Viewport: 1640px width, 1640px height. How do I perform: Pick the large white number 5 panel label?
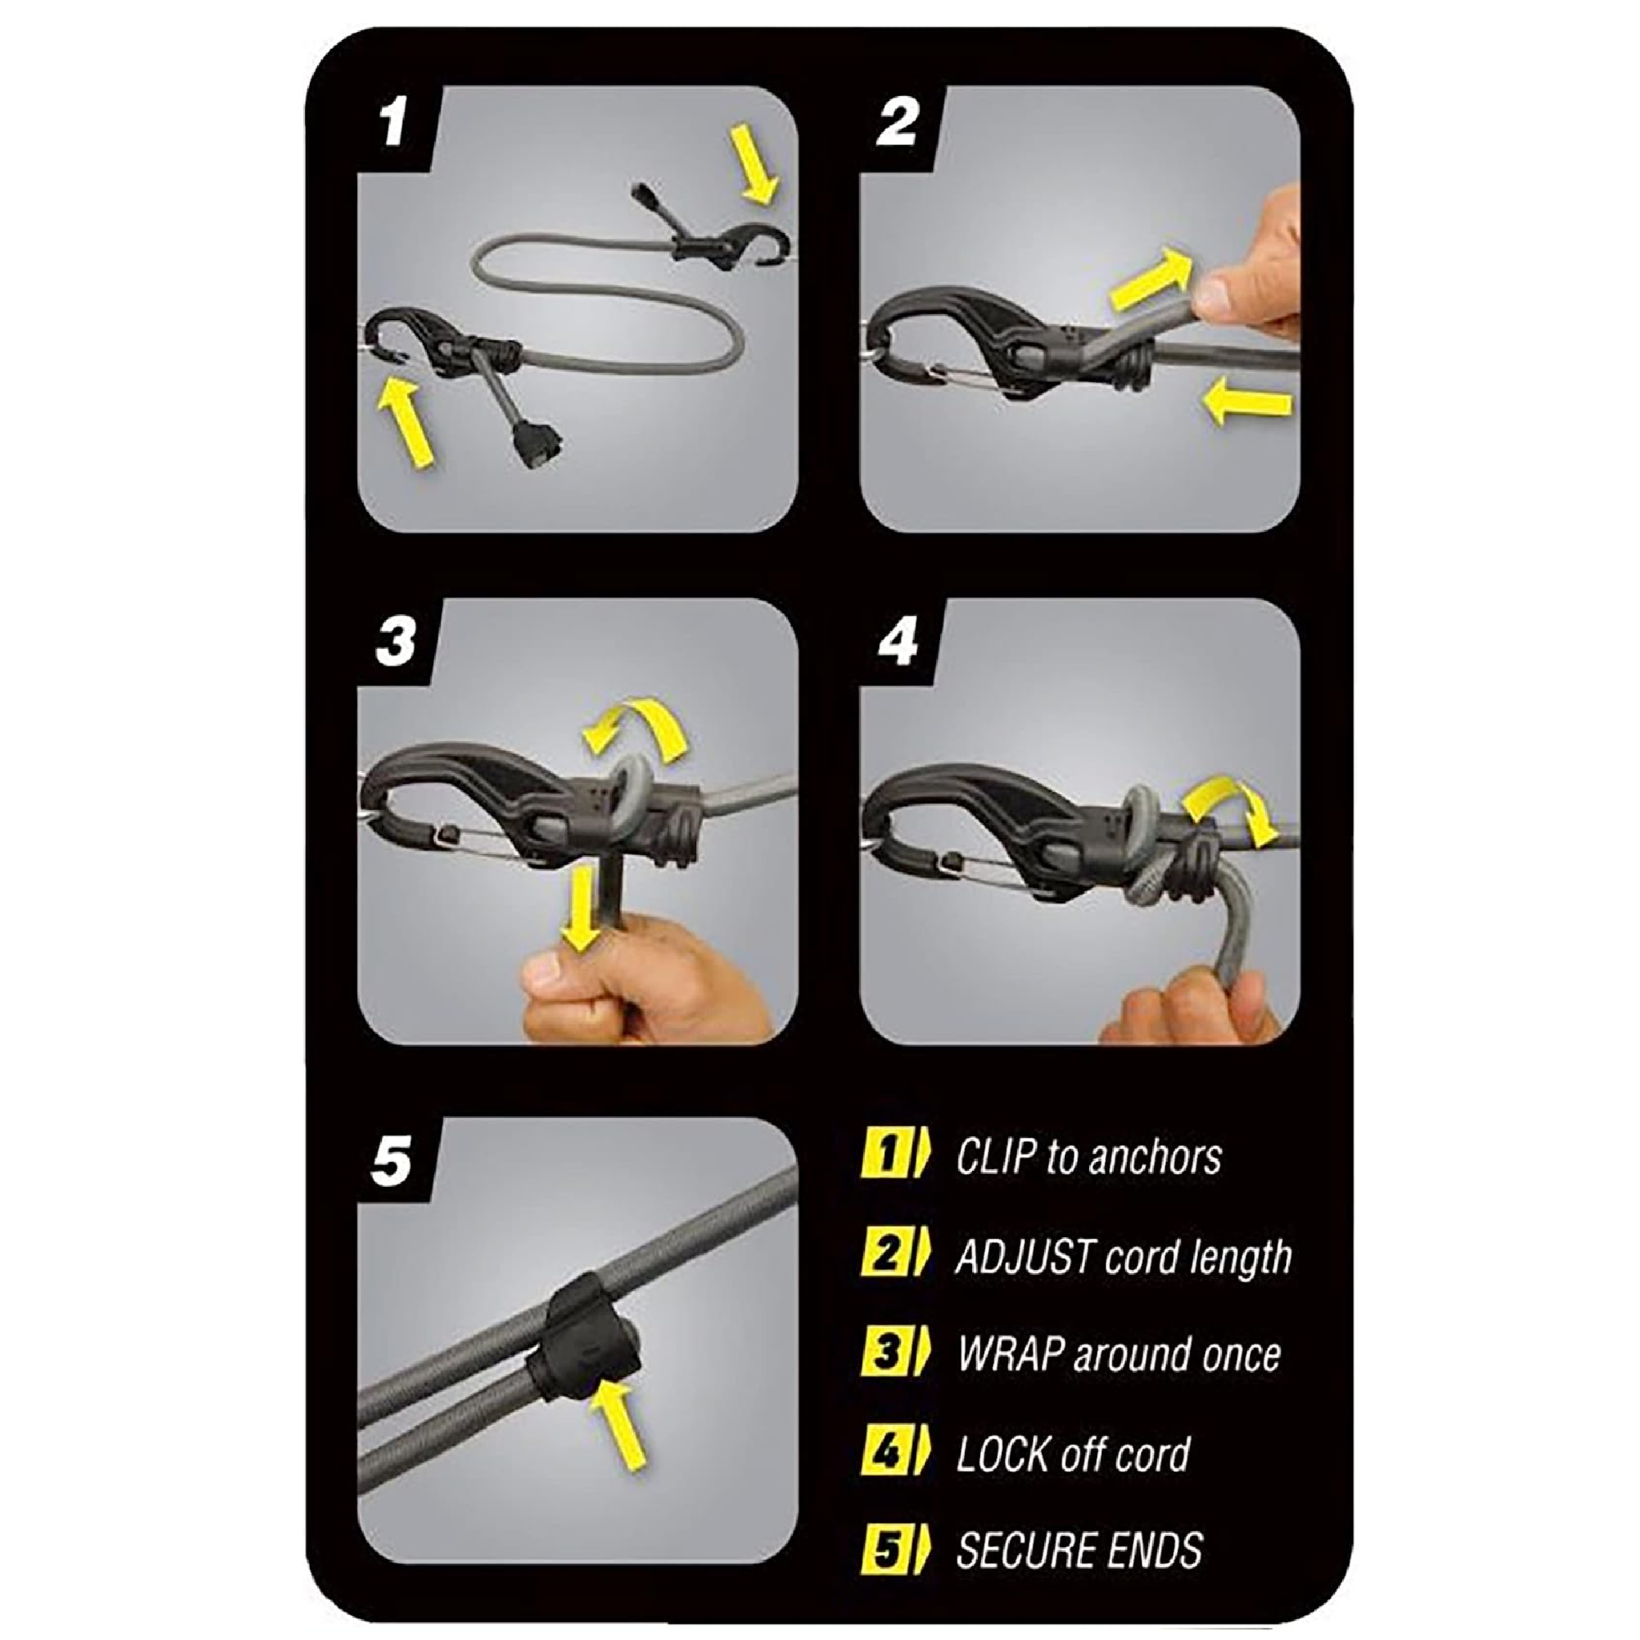point(392,1160)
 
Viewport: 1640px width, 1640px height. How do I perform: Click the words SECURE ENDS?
point(1079,1550)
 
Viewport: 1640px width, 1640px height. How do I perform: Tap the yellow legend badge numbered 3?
point(886,1353)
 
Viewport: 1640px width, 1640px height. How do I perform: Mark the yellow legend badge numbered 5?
point(886,1550)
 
